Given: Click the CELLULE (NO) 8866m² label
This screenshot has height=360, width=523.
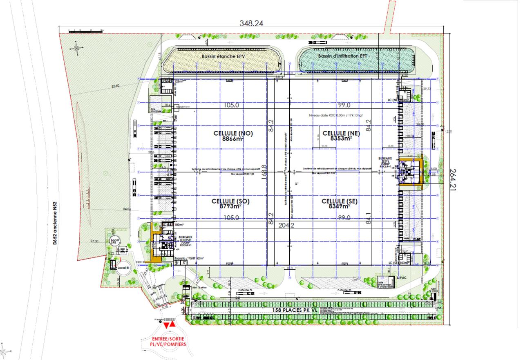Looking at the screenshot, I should click(x=233, y=136).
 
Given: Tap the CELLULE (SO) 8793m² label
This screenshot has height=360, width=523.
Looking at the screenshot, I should click(x=230, y=204).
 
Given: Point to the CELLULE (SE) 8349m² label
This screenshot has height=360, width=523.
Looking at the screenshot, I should click(x=340, y=204).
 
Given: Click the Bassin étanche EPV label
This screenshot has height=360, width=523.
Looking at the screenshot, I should click(x=223, y=56).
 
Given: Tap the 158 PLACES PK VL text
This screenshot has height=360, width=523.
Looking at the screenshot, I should click(x=295, y=311).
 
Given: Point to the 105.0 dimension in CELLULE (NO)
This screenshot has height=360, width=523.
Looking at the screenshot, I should click(x=231, y=105).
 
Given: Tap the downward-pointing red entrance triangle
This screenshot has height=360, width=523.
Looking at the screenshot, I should click(x=167, y=326).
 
